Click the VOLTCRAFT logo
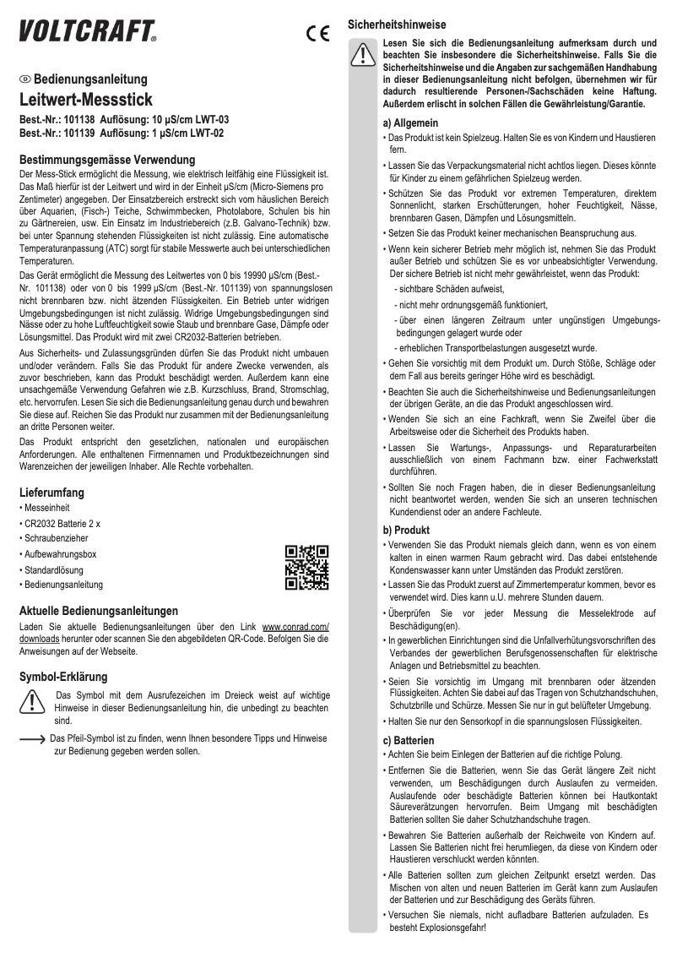tap(88, 31)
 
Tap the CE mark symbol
tap(317, 35)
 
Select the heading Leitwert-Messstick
tap(85, 100)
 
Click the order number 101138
tap(76, 120)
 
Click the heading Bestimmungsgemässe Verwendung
tap(107, 160)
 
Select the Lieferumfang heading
tap(51, 492)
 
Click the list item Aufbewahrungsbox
tap(60, 553)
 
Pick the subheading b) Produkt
tap(407, 531)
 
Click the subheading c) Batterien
tap(409, 740)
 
